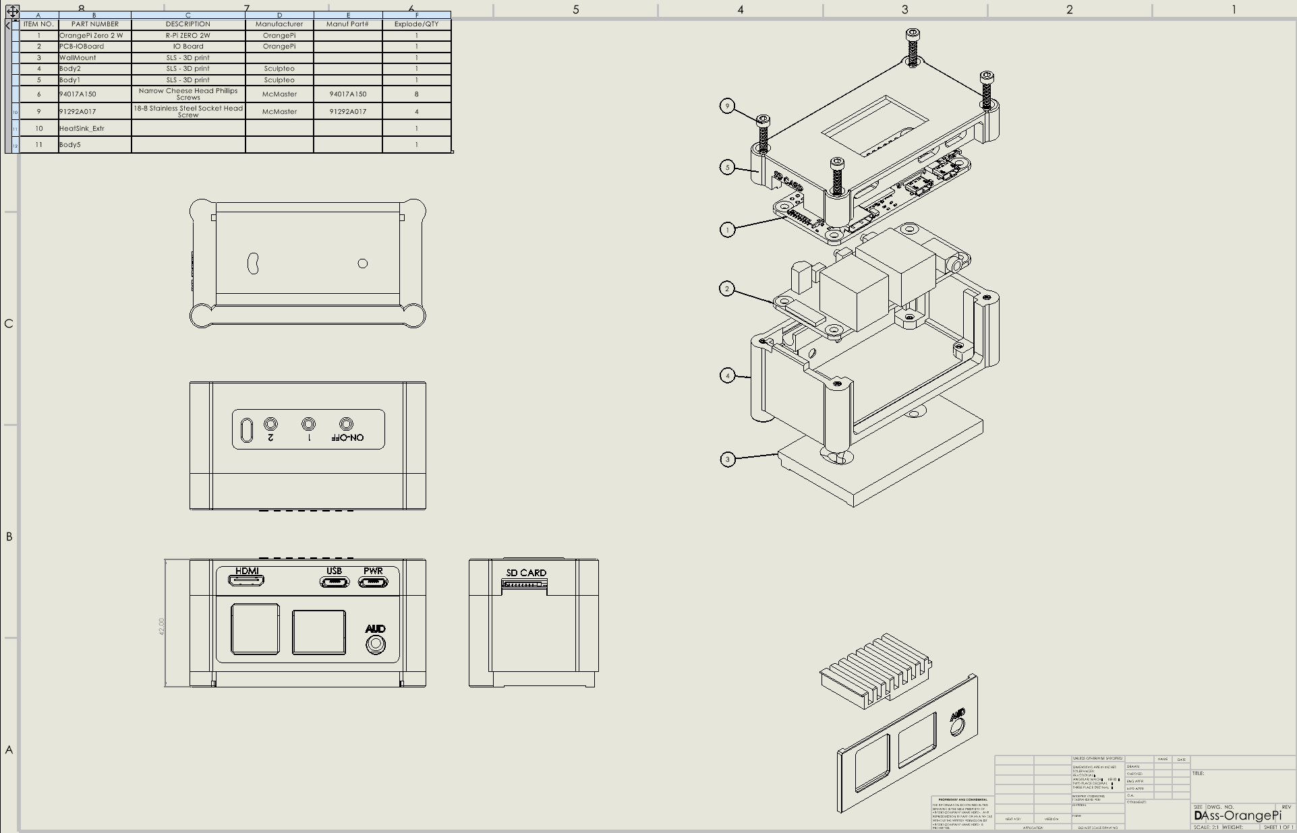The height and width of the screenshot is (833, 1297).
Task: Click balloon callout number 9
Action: coord(727,106)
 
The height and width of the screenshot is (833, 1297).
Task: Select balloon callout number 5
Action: coord(727,167)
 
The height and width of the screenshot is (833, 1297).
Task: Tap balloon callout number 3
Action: coord(727,460)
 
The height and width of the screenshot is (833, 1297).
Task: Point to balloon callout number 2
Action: coord(727,289)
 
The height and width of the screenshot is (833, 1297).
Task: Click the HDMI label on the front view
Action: coord(247,571)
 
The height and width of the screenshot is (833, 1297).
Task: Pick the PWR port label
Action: coord(373,571)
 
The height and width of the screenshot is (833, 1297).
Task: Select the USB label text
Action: coord(334,571)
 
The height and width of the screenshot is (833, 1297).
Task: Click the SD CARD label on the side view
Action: coord(526,573)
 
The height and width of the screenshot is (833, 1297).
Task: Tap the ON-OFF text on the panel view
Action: coord(348,437)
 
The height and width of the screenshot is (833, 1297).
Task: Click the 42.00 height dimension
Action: coord(161,626)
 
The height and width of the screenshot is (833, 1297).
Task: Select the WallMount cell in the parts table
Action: coord(94,58)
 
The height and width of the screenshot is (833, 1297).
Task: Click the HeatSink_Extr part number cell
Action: coord(94,128)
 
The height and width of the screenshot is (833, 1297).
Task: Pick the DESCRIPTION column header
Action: coord(188,24)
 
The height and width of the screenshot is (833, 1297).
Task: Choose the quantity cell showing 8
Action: coord(416,94)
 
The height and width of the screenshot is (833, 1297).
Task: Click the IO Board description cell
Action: coord(188,47)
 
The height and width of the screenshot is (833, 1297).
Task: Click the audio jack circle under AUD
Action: coord(376,645)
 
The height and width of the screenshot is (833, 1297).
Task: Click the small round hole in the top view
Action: coord(363,264)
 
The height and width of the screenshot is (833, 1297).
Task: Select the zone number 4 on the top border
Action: coord(740,9)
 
